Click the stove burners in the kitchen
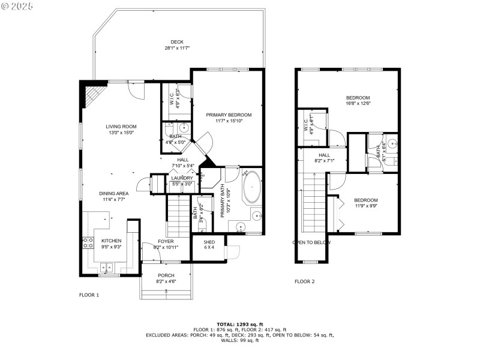click(88, 243)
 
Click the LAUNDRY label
click(182, 178)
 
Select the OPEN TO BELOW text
click(311, 243)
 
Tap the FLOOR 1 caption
click(89, 295)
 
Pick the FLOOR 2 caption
click(304, 281)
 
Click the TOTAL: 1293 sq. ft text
click(240, 325)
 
